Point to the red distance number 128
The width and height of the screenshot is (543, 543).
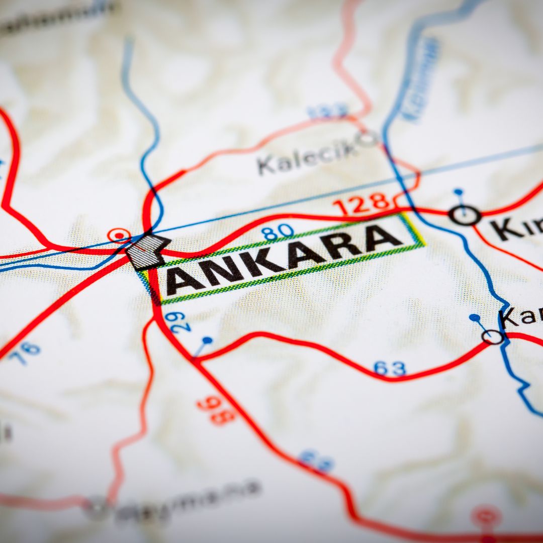[363, 204]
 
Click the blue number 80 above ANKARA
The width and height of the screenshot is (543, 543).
[278, 232]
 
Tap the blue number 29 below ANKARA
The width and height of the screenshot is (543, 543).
[180, 322]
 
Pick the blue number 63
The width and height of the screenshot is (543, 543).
[390, 369]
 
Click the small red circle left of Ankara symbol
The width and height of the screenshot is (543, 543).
[119, 235]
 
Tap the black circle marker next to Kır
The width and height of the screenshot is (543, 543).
[464, 216]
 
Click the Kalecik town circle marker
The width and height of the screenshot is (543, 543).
[367, 138]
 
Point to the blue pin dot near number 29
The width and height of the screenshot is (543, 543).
[207, 340]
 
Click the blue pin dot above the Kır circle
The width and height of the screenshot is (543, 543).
[458, 192]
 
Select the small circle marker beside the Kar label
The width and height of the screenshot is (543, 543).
[493, 336]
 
